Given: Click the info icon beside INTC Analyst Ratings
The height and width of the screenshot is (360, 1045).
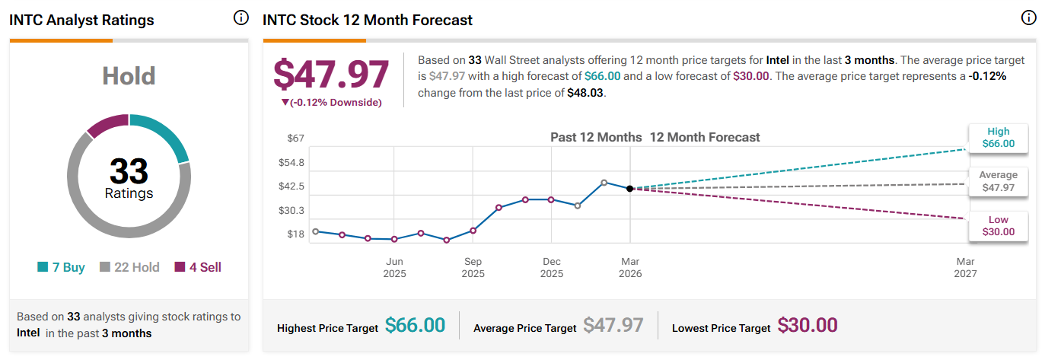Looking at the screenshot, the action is [x=241, y=18].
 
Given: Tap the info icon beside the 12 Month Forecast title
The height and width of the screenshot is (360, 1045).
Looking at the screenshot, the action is [x=1029, y=18].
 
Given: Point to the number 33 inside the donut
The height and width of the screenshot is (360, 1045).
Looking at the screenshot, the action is [x=129, y=170].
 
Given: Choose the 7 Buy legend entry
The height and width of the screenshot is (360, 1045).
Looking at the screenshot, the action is [x=61, y=267].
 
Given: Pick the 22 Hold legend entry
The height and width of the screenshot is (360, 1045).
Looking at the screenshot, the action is [x=129, y=267].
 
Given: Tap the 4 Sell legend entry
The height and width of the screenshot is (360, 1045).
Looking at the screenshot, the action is [x=198, y=267].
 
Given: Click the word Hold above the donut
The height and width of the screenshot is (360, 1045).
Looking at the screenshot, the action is [x=129, y=76].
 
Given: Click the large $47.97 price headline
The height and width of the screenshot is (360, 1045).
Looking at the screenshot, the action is [x=331, y=74].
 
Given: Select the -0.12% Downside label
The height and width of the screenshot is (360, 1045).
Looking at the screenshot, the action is [x=332, y=103].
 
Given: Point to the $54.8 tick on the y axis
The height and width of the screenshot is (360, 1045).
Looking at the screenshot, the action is [x=291, y=163].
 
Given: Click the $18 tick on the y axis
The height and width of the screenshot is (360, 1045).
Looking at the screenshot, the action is [x=295, y=234].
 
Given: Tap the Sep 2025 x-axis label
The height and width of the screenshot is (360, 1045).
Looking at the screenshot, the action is [x=473, y=268].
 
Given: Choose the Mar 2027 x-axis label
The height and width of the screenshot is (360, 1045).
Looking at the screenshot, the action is [x=965, y=268].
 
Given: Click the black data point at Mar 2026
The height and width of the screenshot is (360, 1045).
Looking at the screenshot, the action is [x=629, y=189].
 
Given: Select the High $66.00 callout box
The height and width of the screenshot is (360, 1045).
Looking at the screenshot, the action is [x=999, y=138].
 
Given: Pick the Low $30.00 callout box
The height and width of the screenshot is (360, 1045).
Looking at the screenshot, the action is [x=999, y=226].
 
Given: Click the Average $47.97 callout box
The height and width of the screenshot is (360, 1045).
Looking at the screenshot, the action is [x=999, y=181].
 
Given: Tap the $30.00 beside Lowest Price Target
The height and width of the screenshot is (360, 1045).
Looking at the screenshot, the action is [x=808, y=326].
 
